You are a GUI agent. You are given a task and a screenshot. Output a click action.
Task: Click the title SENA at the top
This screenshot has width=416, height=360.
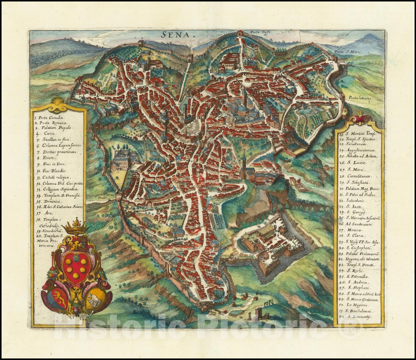(x=175, y=35)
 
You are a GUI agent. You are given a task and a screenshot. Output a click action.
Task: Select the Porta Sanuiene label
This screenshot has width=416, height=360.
(x=60, y=76)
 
